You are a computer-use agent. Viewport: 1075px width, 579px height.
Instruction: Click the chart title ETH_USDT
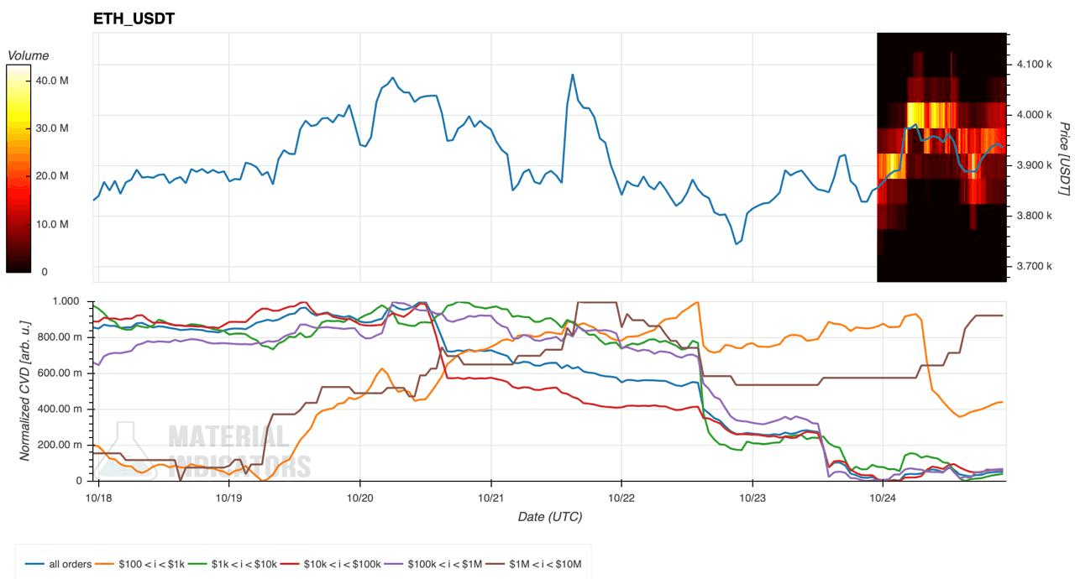[134, 18]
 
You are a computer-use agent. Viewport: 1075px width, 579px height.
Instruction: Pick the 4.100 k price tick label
[1033, 64]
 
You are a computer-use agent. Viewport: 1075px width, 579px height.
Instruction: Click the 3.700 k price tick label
[1033, 266]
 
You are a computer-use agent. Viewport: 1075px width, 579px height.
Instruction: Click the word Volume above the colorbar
[28, 55]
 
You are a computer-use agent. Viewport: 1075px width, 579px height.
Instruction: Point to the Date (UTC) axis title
[549, 517]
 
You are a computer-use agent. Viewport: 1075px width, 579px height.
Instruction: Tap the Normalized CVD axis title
[24, 389]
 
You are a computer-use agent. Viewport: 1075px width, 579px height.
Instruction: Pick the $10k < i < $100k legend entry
[332, 564]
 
